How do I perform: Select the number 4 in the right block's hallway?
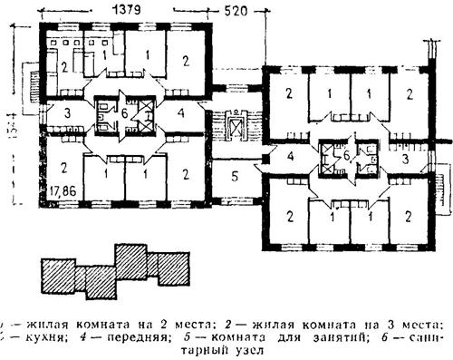pos(289,157)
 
